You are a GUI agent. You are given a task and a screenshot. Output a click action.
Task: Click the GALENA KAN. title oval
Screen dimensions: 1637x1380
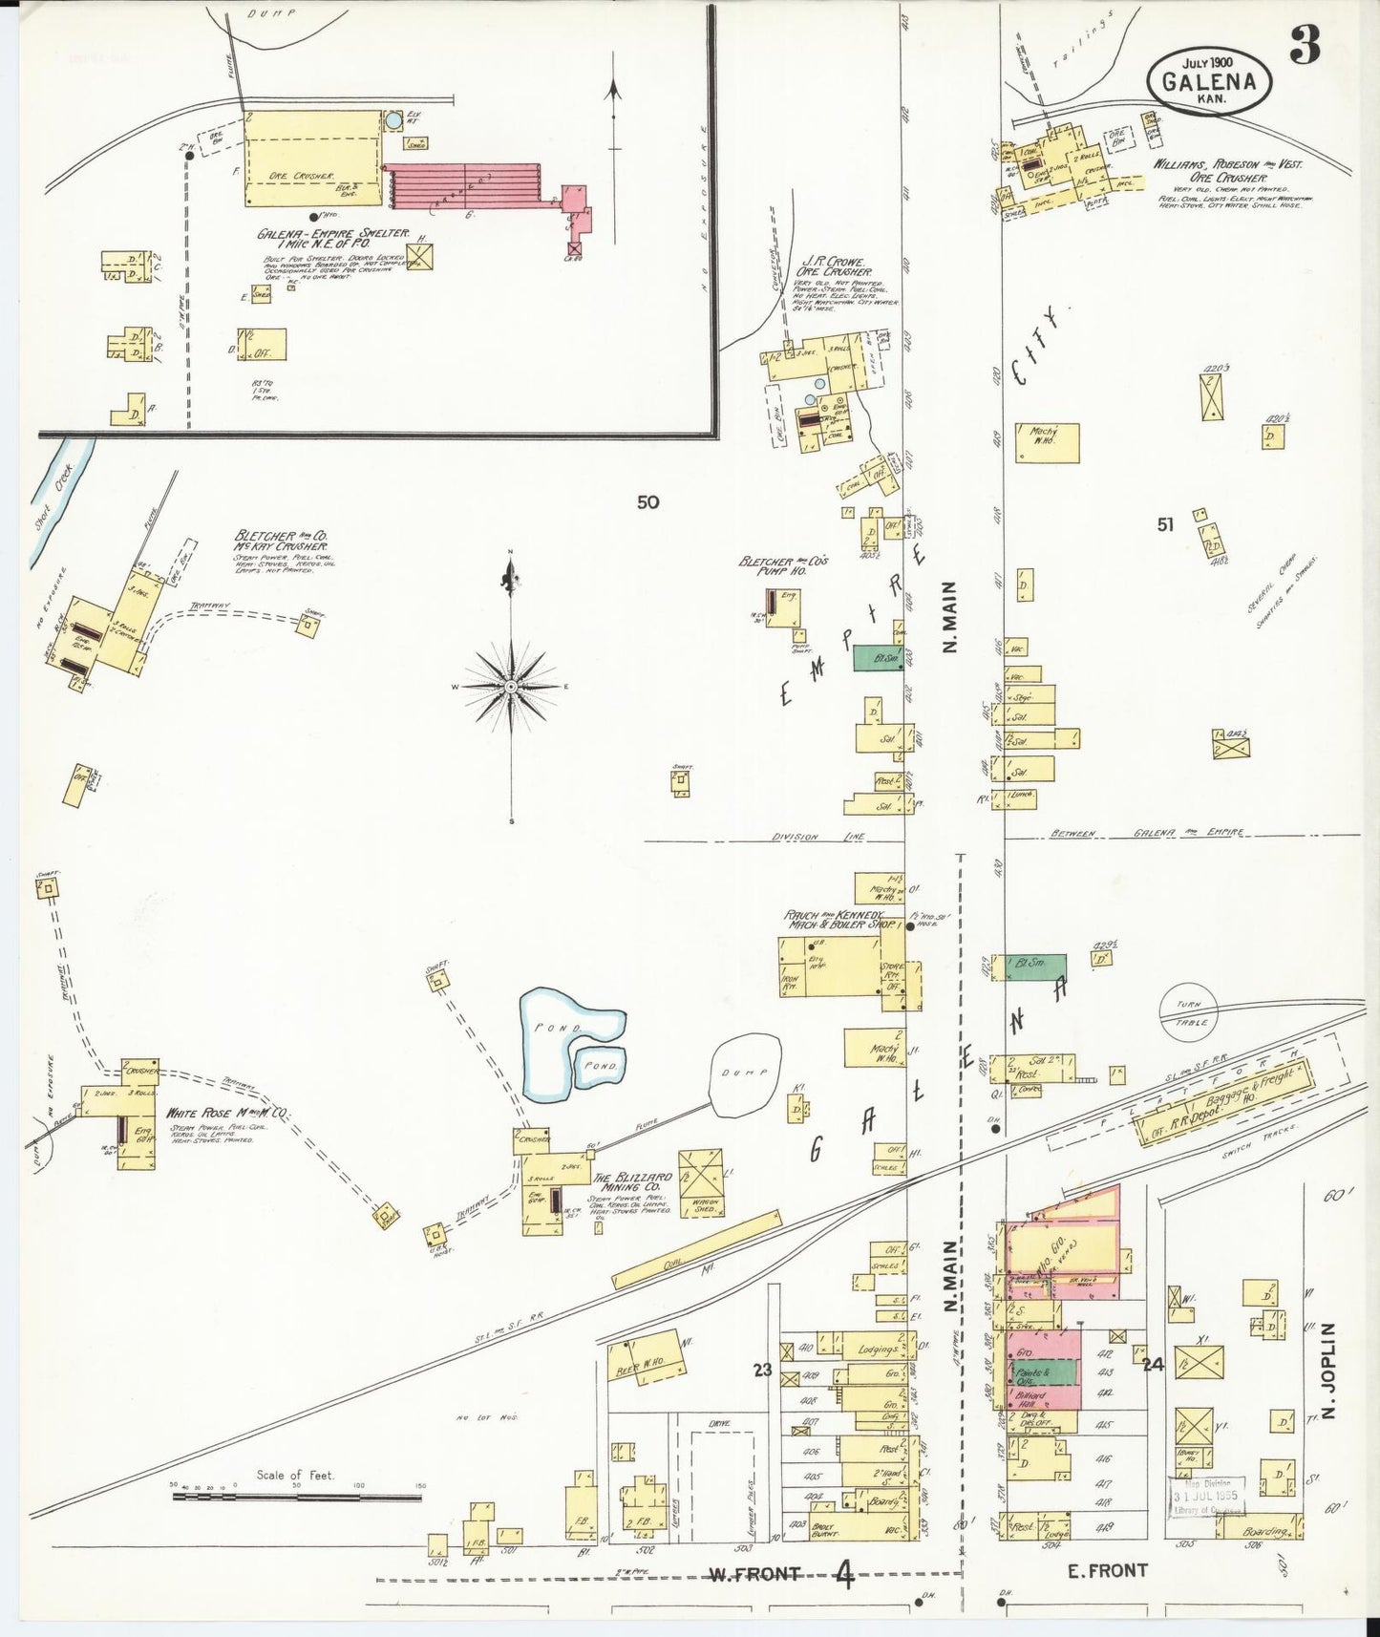1208,79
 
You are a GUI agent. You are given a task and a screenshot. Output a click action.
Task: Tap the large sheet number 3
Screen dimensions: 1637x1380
1306,44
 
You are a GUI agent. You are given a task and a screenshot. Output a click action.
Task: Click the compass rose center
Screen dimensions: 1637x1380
511,687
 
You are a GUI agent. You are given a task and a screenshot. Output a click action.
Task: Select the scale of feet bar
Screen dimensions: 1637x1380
296,1495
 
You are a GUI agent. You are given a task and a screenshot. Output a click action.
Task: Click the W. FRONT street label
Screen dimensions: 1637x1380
754,1573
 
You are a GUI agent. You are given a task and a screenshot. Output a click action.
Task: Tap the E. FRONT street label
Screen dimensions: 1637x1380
1105,1569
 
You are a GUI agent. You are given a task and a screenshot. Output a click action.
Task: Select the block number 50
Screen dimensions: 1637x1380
648,502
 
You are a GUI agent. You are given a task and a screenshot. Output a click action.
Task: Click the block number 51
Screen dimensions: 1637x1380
1164,524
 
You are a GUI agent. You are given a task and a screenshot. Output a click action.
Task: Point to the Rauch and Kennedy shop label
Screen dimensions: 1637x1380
840,920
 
